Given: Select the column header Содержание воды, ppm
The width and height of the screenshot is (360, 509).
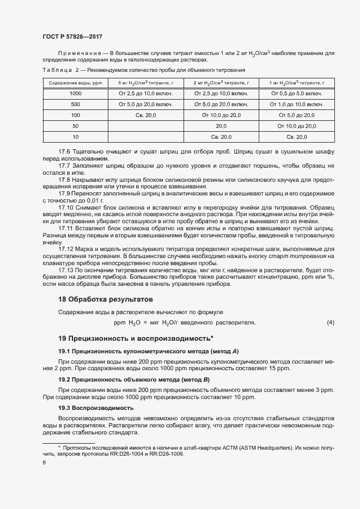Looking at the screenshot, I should [x=76, y=83].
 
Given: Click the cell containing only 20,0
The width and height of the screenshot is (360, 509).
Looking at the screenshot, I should [x=221, y=126].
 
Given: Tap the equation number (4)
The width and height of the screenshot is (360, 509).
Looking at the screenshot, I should [x=330, y=323].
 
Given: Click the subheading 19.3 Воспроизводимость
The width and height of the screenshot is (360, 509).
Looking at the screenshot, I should [x=95, y=407].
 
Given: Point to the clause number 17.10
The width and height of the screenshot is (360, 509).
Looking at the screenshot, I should [x=66, y=207].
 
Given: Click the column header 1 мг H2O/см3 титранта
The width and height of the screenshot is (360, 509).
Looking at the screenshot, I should [x=296, y=83].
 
